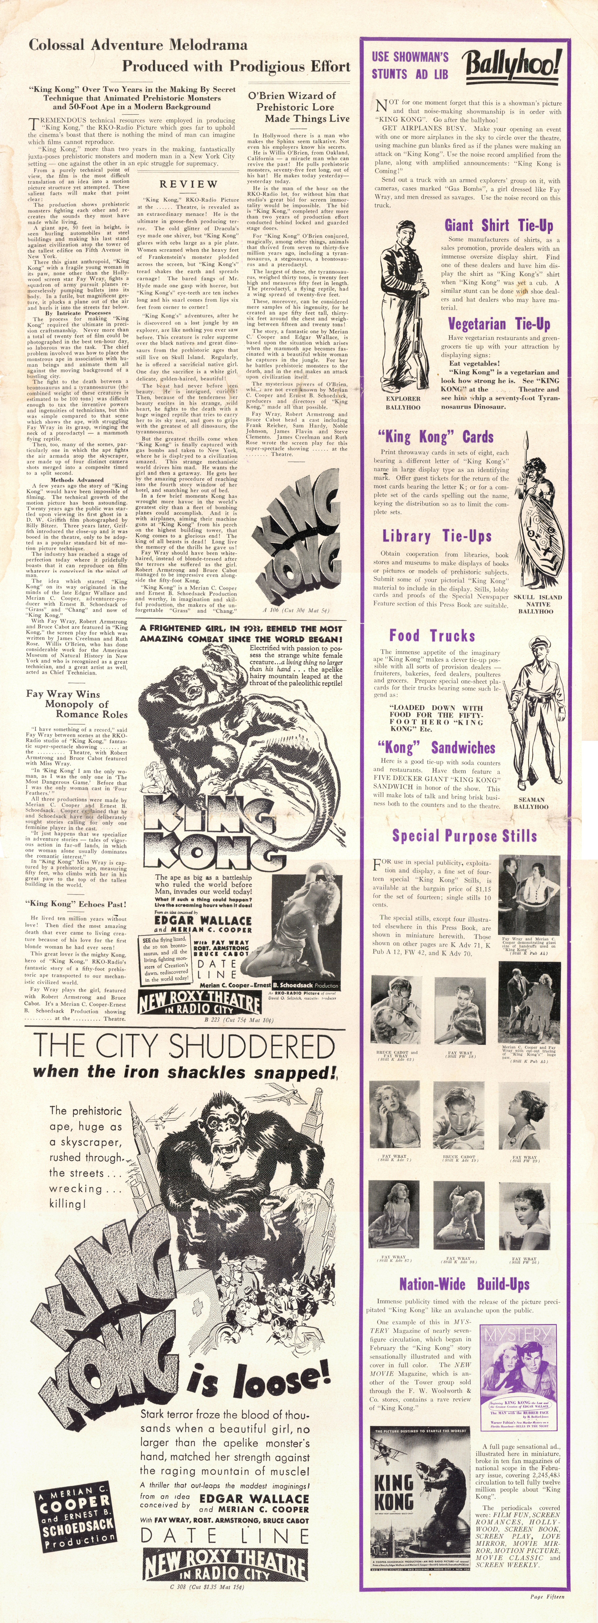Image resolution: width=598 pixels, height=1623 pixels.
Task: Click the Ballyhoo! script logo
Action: tap(512, 65)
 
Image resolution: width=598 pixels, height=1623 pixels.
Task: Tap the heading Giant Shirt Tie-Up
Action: tap(499, 225)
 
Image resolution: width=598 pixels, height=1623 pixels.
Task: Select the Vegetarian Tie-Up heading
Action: tap(499, 324)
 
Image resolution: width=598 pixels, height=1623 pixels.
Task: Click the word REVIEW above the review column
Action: tap(188, 184)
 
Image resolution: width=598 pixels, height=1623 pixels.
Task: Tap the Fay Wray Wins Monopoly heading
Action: tap(76, 704)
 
